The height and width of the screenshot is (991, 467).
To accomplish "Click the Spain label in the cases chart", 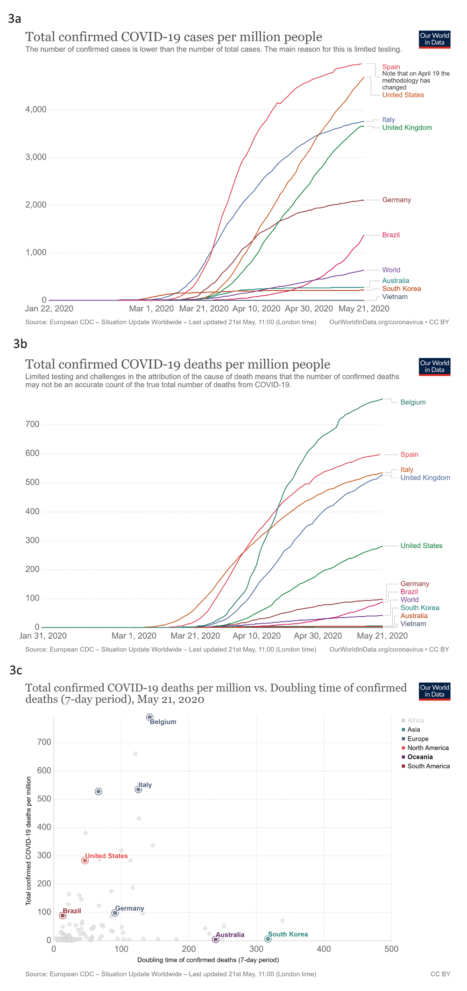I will (x=391, y=67).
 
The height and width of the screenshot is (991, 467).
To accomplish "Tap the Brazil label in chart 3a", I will (x=391, y=235).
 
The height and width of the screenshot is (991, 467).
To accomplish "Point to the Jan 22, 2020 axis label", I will (x=49, y=308).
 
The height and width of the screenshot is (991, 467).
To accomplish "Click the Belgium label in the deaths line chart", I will (x=413, y=402).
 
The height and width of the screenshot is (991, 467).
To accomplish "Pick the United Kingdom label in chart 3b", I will (x=425, y=478).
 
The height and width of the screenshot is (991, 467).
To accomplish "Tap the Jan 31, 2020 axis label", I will (x=43, y=635).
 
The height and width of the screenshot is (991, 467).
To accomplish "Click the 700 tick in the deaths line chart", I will (x=33, y=425).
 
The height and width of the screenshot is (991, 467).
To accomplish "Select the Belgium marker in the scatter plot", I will (x=149, y=717).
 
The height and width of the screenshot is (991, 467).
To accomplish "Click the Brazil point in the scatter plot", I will (x=63, y=916).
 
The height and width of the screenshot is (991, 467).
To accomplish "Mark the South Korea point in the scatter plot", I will (x=268, y=939).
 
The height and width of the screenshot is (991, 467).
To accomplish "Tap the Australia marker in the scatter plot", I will (x=215, y=940).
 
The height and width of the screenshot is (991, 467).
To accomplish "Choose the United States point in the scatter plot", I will (x=85, y=861).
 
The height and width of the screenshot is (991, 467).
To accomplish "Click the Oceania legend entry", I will (x=420, y=757).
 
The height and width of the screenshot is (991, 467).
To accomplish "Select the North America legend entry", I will (x=428, y=748).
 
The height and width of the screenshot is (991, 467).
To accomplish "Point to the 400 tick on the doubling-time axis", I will (x=324, y=949).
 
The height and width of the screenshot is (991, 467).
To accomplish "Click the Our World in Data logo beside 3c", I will (x=434, y=691).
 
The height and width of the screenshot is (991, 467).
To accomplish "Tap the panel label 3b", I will (x=20, y=344).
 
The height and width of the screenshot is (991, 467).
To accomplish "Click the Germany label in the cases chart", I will (x=396, y=200).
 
